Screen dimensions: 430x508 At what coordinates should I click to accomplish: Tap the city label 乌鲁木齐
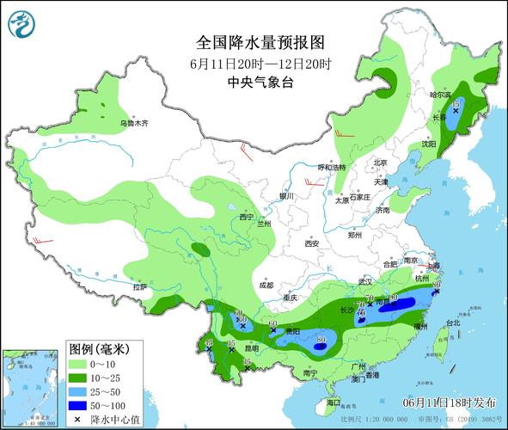pyautogui.click(x=134, y=124)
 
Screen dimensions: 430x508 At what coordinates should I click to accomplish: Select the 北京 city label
pyautogui.click(x=381, y=162)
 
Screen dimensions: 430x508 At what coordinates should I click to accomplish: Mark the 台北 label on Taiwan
pyautogui.click(x=450, y=325)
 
